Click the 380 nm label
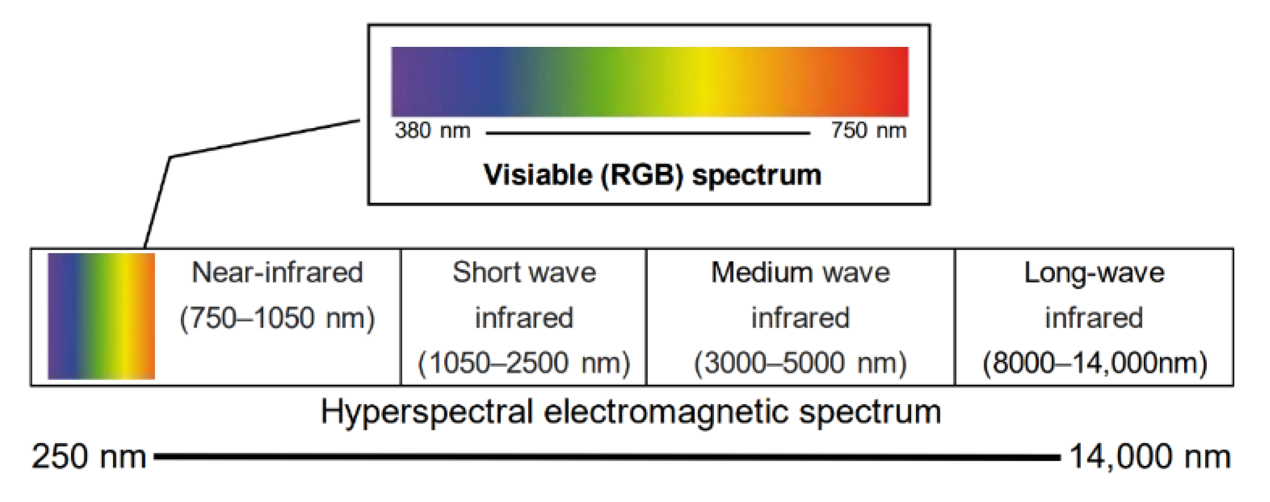[x=432, y=130]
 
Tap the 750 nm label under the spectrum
[x=869, y=130]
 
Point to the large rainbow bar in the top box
[x=650, y=82]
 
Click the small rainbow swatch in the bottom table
[x=101, y=316]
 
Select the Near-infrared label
[x=277, y=272]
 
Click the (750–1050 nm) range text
[x=277, y=318]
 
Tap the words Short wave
[x=524, y=272]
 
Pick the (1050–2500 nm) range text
[x=524, y=363]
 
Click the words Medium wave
[x=800, y=272]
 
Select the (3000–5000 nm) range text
[x=800, y=363]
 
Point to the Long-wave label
[x=1094, y=272]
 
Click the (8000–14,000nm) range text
[x=1094, y=363]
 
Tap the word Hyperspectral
[x=427, y=413]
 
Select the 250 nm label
[x=89, y=457]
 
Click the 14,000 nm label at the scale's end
[x=1150, y=457]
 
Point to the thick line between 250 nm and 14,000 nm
[x=607, y=458]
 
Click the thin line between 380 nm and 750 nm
[x=648, y=133]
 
